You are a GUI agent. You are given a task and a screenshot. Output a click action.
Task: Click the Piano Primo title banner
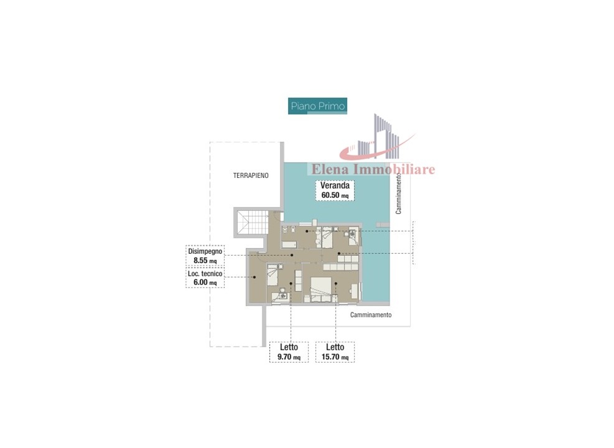(317, 106)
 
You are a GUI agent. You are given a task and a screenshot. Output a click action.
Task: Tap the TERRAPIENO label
(251, 175)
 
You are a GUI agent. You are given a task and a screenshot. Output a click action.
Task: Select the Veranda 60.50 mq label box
(335, 190)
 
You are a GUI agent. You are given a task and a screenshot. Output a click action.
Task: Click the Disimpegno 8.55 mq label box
(205, 256)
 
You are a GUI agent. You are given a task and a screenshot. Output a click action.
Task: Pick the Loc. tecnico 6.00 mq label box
(205, 278)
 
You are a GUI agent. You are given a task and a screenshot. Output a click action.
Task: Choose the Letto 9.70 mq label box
(289, 352)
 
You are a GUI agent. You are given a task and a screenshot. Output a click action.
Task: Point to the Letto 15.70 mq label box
(335, 352)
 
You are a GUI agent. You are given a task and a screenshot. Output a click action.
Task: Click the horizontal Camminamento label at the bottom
(371, 315)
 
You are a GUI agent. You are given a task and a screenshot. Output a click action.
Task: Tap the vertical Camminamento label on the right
(399, 194)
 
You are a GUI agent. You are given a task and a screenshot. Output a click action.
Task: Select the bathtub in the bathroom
(289, 245)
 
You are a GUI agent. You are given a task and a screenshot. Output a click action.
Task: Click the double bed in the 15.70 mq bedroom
(321, 290)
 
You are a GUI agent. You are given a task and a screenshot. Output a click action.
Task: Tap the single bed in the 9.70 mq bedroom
(272, 275)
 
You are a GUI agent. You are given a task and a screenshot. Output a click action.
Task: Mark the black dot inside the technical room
(254, 278)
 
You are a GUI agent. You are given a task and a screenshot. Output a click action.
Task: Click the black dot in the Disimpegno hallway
(292, 255)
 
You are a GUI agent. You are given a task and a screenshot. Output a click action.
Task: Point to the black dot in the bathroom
(307, 231)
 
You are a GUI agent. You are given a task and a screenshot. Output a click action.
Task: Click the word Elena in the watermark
(331, 169)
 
